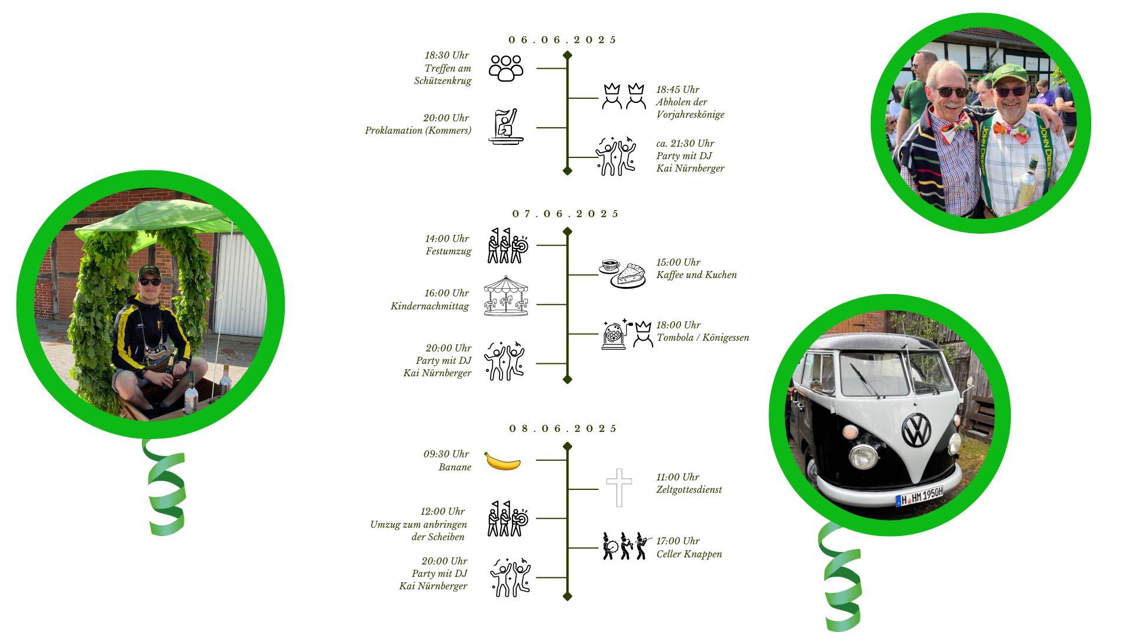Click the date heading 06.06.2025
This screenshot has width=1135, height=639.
click(562, 40)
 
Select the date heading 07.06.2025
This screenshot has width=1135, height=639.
click(565, 214)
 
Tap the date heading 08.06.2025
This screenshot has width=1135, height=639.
click(563, 429)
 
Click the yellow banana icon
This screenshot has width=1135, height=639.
click(502, 461)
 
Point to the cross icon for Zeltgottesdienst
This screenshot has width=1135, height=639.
click(619, 488)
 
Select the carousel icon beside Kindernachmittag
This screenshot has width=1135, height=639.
click(505, 296)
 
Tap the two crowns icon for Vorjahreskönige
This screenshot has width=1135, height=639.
click(624, 96)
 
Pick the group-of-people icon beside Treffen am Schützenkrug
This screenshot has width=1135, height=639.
click(506, 68)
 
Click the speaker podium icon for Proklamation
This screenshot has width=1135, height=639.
click(506, 127)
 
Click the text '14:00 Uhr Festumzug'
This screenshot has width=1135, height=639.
click(447, 245)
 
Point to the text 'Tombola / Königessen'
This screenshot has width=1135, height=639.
click(702, 338)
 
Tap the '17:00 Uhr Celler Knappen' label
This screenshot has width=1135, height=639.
click(689, 548)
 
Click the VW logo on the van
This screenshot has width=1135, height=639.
click(916, 430)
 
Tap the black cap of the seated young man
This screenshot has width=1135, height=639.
click(149, 272)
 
